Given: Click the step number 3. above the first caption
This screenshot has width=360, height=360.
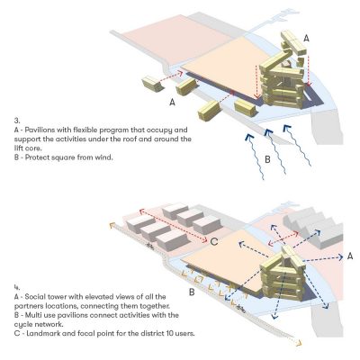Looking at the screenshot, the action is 17,121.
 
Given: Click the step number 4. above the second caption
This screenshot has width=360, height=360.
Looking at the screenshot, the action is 17,287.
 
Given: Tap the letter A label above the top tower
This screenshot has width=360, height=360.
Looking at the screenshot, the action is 306,38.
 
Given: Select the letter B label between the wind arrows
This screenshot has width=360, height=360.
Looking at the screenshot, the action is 267,159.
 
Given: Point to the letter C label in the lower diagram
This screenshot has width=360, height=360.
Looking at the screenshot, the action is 214,241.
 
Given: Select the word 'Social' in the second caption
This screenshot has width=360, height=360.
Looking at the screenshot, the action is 35,297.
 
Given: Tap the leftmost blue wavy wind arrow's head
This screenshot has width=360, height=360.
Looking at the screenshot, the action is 249,137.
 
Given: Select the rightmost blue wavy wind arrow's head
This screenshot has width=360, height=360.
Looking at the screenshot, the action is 287,129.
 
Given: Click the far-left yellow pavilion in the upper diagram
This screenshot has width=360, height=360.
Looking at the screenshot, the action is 152,84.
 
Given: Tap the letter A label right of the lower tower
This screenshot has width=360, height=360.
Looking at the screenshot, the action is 350,256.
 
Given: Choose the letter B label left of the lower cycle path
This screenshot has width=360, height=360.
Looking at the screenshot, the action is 192,292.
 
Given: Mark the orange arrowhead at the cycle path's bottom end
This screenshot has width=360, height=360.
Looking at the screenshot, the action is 298,343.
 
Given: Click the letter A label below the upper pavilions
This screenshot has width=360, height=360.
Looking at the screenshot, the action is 172,102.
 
